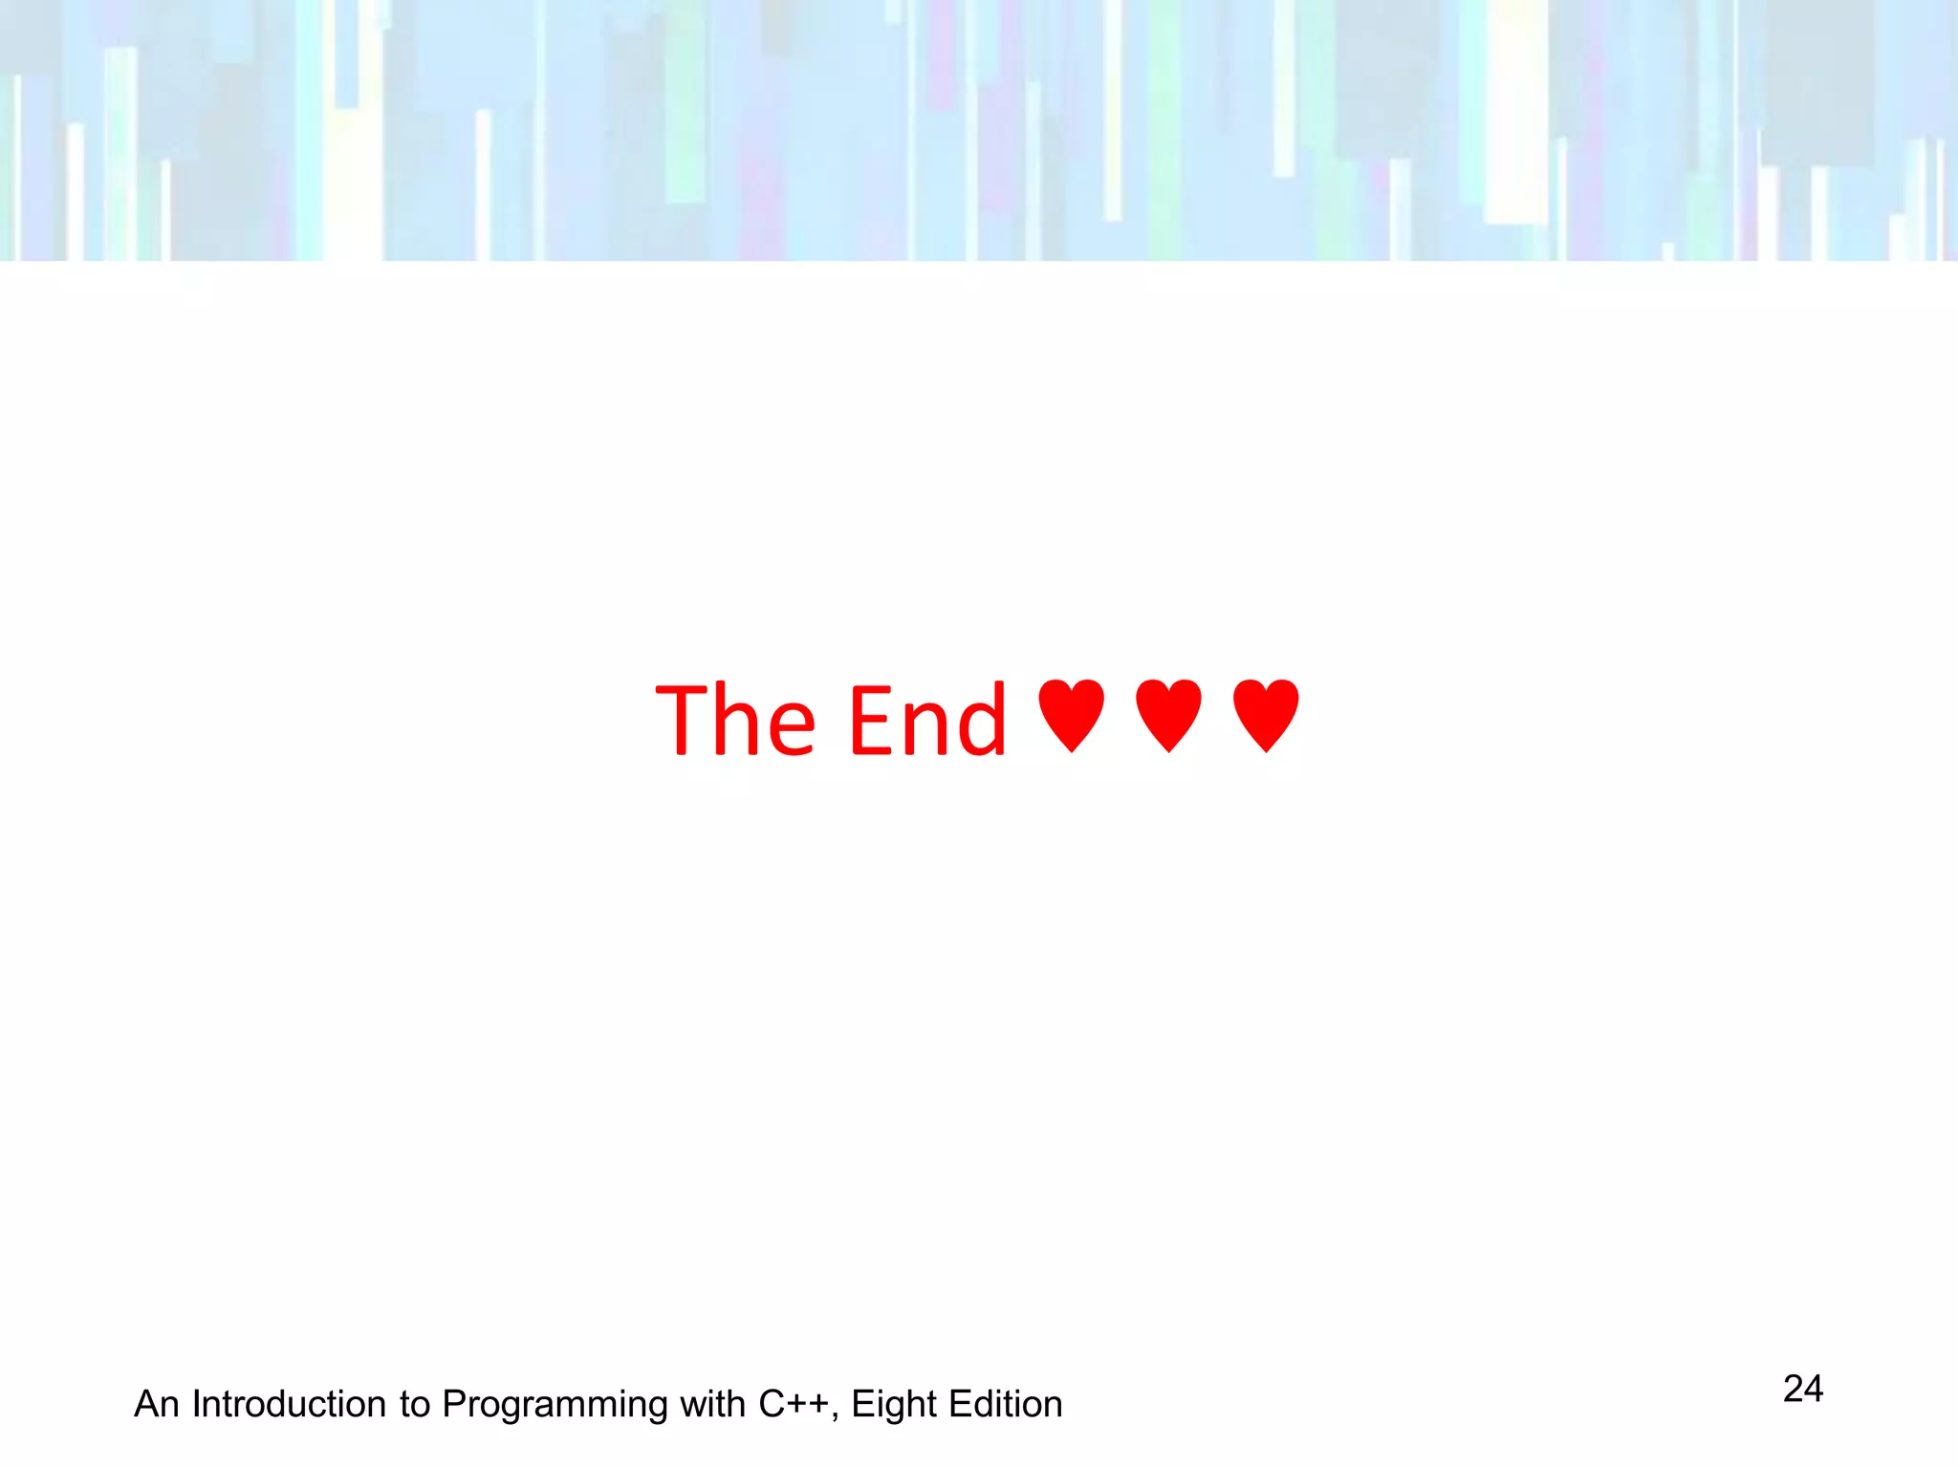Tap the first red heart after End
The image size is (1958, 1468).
point(1071,715)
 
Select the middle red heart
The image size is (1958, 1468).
point(1168,715)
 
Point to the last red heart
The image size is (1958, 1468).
point(1266,715)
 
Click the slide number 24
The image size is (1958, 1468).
point(1803,1389)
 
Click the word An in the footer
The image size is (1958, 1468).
point(157,1404)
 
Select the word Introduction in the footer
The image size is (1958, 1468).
point(289,1404)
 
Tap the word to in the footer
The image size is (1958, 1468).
point(415,1404)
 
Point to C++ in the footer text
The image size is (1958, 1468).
point(793,1404)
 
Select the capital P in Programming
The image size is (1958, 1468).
point(454,1404)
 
